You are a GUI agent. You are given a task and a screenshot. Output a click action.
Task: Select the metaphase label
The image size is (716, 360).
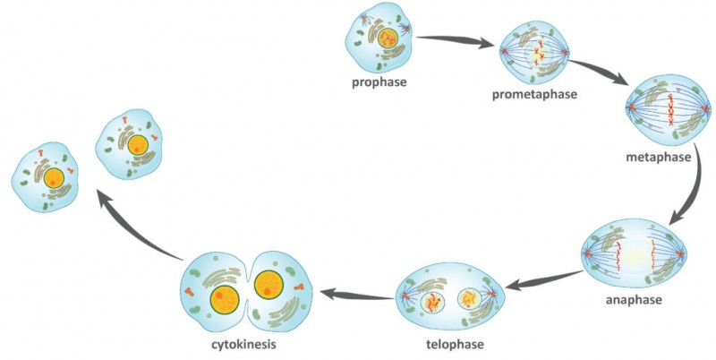660,159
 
